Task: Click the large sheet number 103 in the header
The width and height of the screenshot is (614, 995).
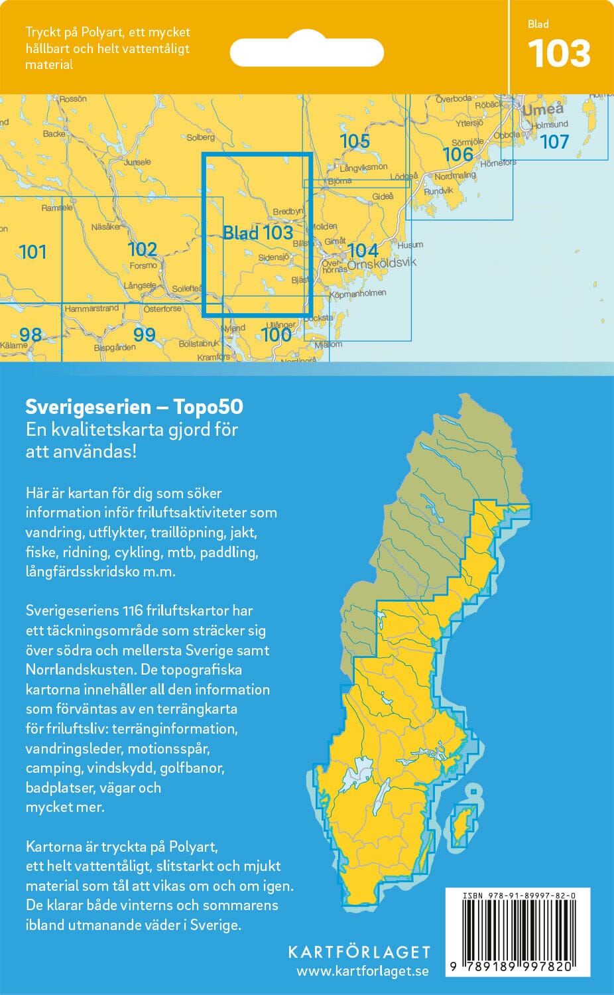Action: (559, 54)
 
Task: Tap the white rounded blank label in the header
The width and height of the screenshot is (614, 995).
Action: (307, 52)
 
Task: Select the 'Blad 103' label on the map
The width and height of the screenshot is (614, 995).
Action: (257, 233)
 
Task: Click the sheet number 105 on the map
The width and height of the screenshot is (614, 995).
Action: (354, 141)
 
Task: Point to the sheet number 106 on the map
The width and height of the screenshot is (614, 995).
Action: (458, 155)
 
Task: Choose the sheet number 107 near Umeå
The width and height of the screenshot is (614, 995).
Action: (554, 142)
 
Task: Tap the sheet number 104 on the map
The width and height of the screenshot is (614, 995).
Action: (363, 250)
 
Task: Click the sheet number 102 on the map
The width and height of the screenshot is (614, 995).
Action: (142, 249)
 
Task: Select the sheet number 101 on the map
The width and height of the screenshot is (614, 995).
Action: (32, 252)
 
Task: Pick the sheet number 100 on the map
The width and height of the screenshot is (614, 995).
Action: (276, 334)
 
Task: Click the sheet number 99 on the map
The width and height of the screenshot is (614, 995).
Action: (144, 334)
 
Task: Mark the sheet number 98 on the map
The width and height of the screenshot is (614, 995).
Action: (31, 334)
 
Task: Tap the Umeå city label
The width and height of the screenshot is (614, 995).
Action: (543, 109)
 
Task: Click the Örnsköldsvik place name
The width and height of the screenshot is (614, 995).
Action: (382, 263)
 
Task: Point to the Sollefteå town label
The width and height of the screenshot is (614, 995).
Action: (187, 289)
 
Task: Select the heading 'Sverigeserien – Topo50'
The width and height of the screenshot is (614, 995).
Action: (134, 407)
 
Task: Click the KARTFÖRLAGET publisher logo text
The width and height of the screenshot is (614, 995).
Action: (359, 952)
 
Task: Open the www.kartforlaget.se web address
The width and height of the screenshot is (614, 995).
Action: (362, 971)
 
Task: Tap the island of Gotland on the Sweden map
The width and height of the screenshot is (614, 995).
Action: (462, 825)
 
